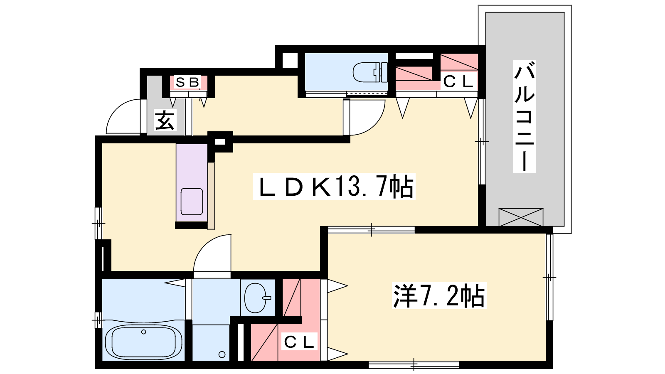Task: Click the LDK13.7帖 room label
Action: (x=334, y=187)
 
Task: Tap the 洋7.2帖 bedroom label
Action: (x=439, y=295)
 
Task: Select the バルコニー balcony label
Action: (x=524, y=117)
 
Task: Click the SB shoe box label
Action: (x=187, y=82)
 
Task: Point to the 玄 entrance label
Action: (x=165, y=120)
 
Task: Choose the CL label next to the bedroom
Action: (x=299, y=342)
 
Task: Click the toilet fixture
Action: (x=370, y=72)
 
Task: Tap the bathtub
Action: (x=143, y=342)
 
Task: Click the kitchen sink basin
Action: (x=192, y=202)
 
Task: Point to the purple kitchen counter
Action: (x=192, y=182)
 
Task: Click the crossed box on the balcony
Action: (x=521, y=217)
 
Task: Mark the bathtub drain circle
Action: (x=144, y=332)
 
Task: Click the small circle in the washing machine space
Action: (x=222, y=354)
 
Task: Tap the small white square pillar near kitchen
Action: (x=220, y=142)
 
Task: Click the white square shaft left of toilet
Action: (x=290, y=61)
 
